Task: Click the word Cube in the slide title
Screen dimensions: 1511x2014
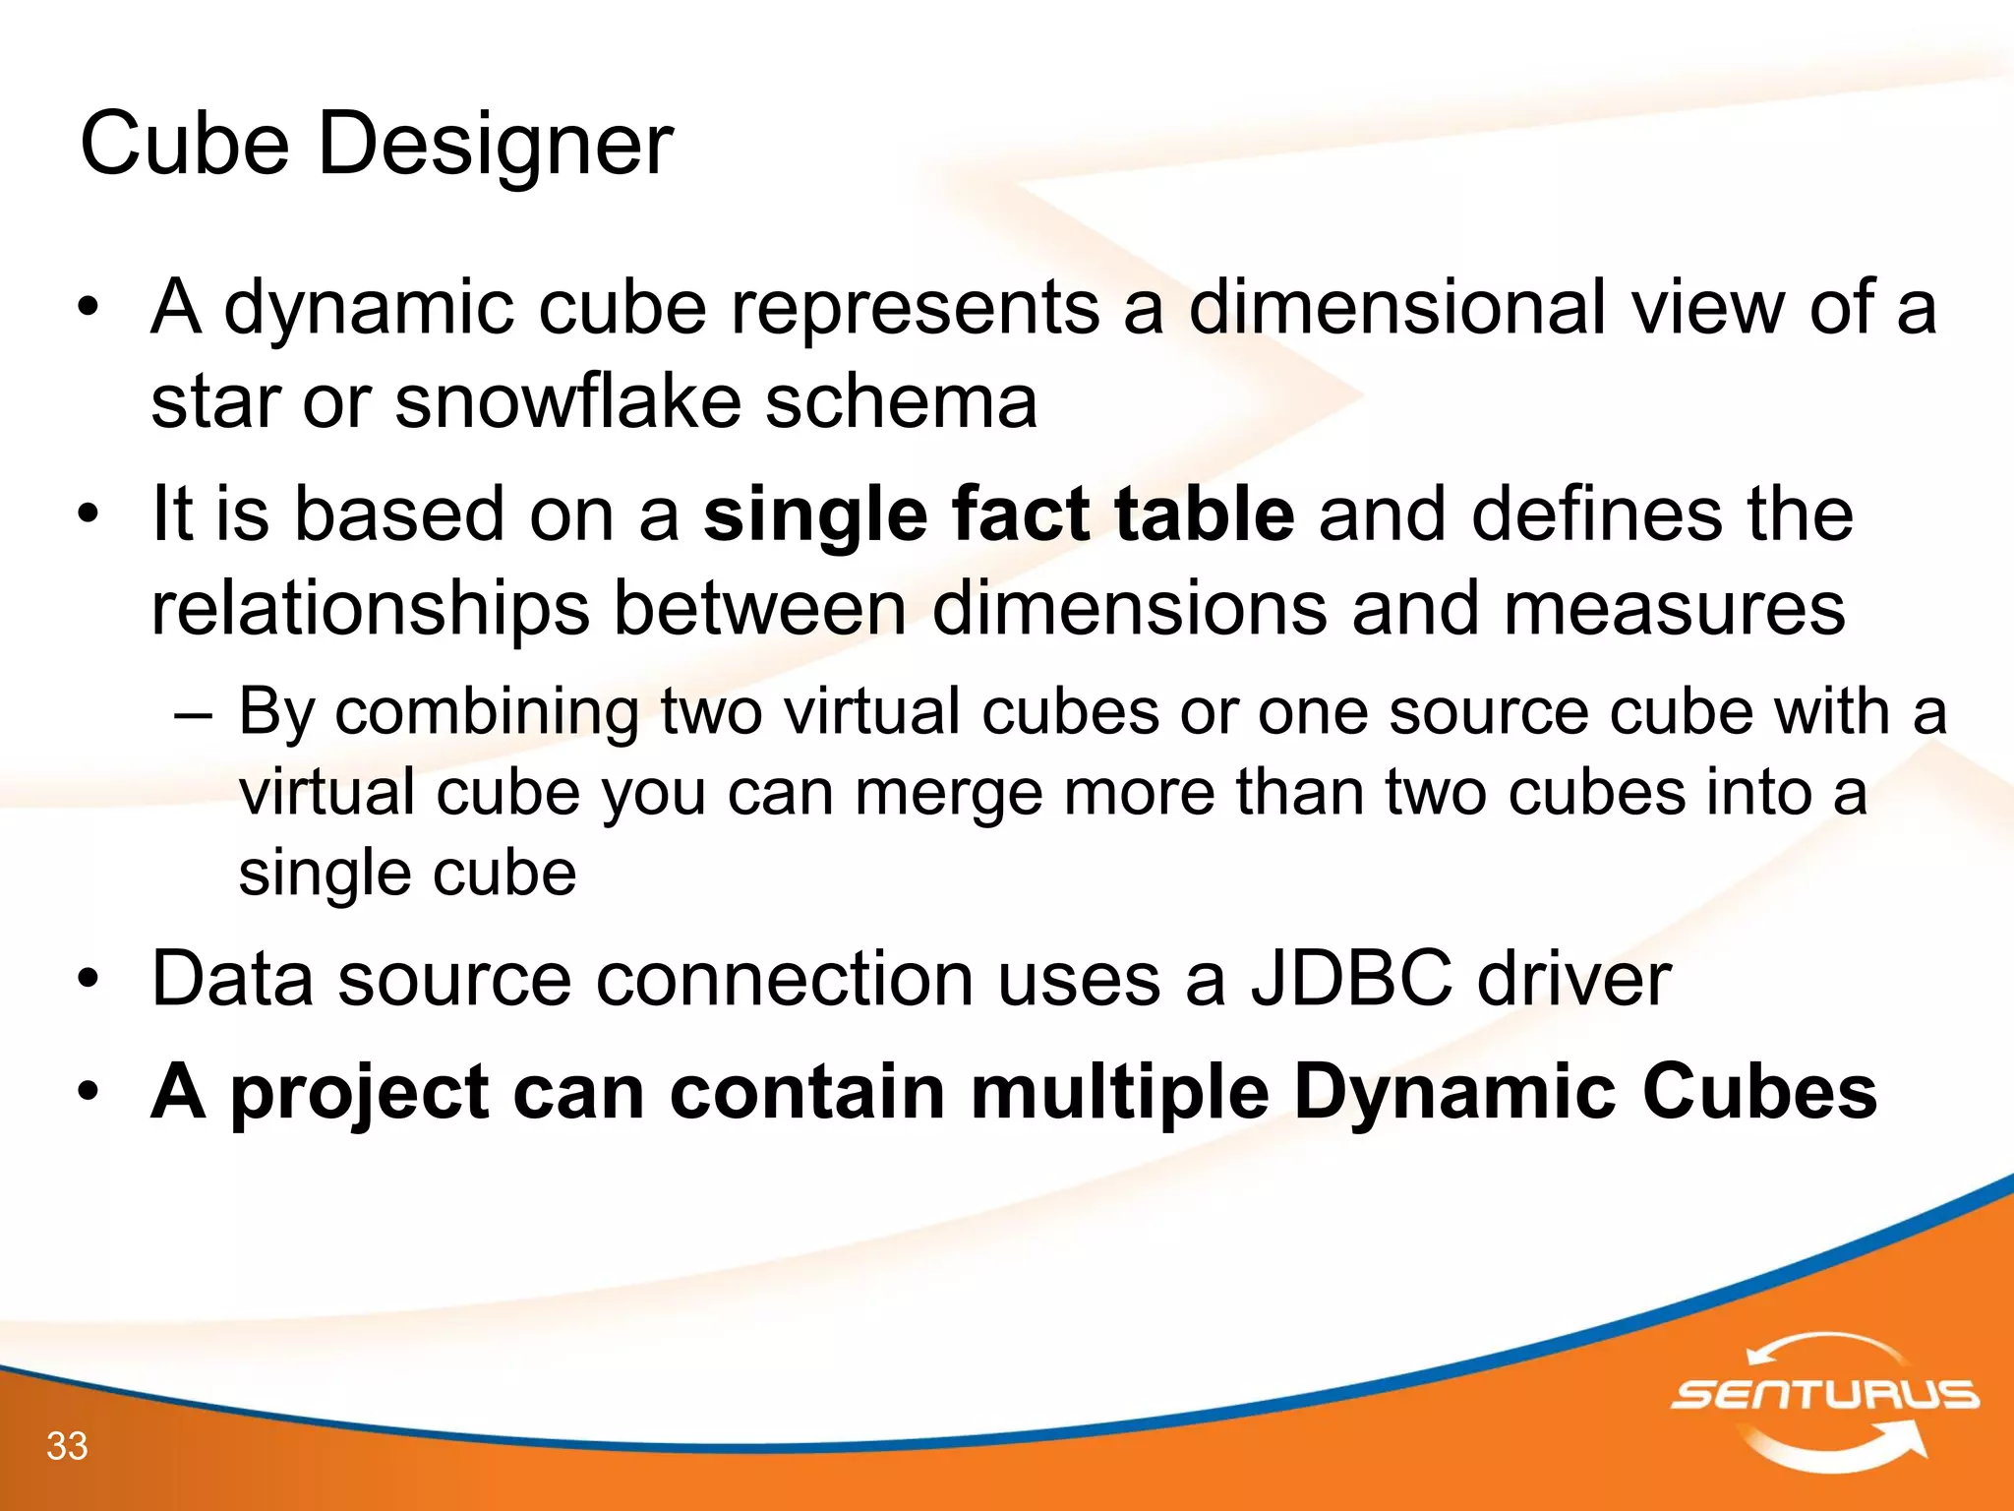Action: pos(184,144)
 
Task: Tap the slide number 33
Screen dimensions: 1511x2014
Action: pos(67,1446)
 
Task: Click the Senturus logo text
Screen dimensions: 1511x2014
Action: pos(1824,1394)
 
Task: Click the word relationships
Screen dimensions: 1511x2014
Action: pos(370,609)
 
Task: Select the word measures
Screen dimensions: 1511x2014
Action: pos(1674,609)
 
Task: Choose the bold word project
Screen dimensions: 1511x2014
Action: pos(360,1094)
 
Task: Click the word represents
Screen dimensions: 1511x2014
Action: pos(915,307)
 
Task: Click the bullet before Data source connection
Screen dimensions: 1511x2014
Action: pos(89,981)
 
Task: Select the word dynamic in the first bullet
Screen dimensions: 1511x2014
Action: pos(369,309)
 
